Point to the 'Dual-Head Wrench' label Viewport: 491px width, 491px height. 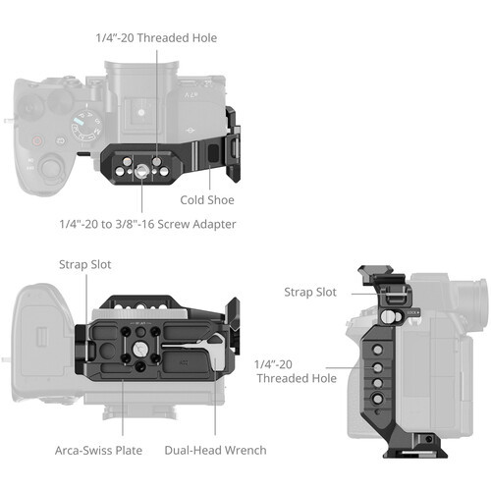click(214, 450)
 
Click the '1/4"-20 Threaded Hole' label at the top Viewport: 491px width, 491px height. click(156, 38)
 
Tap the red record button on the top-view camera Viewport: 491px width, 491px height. click(40, 138)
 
